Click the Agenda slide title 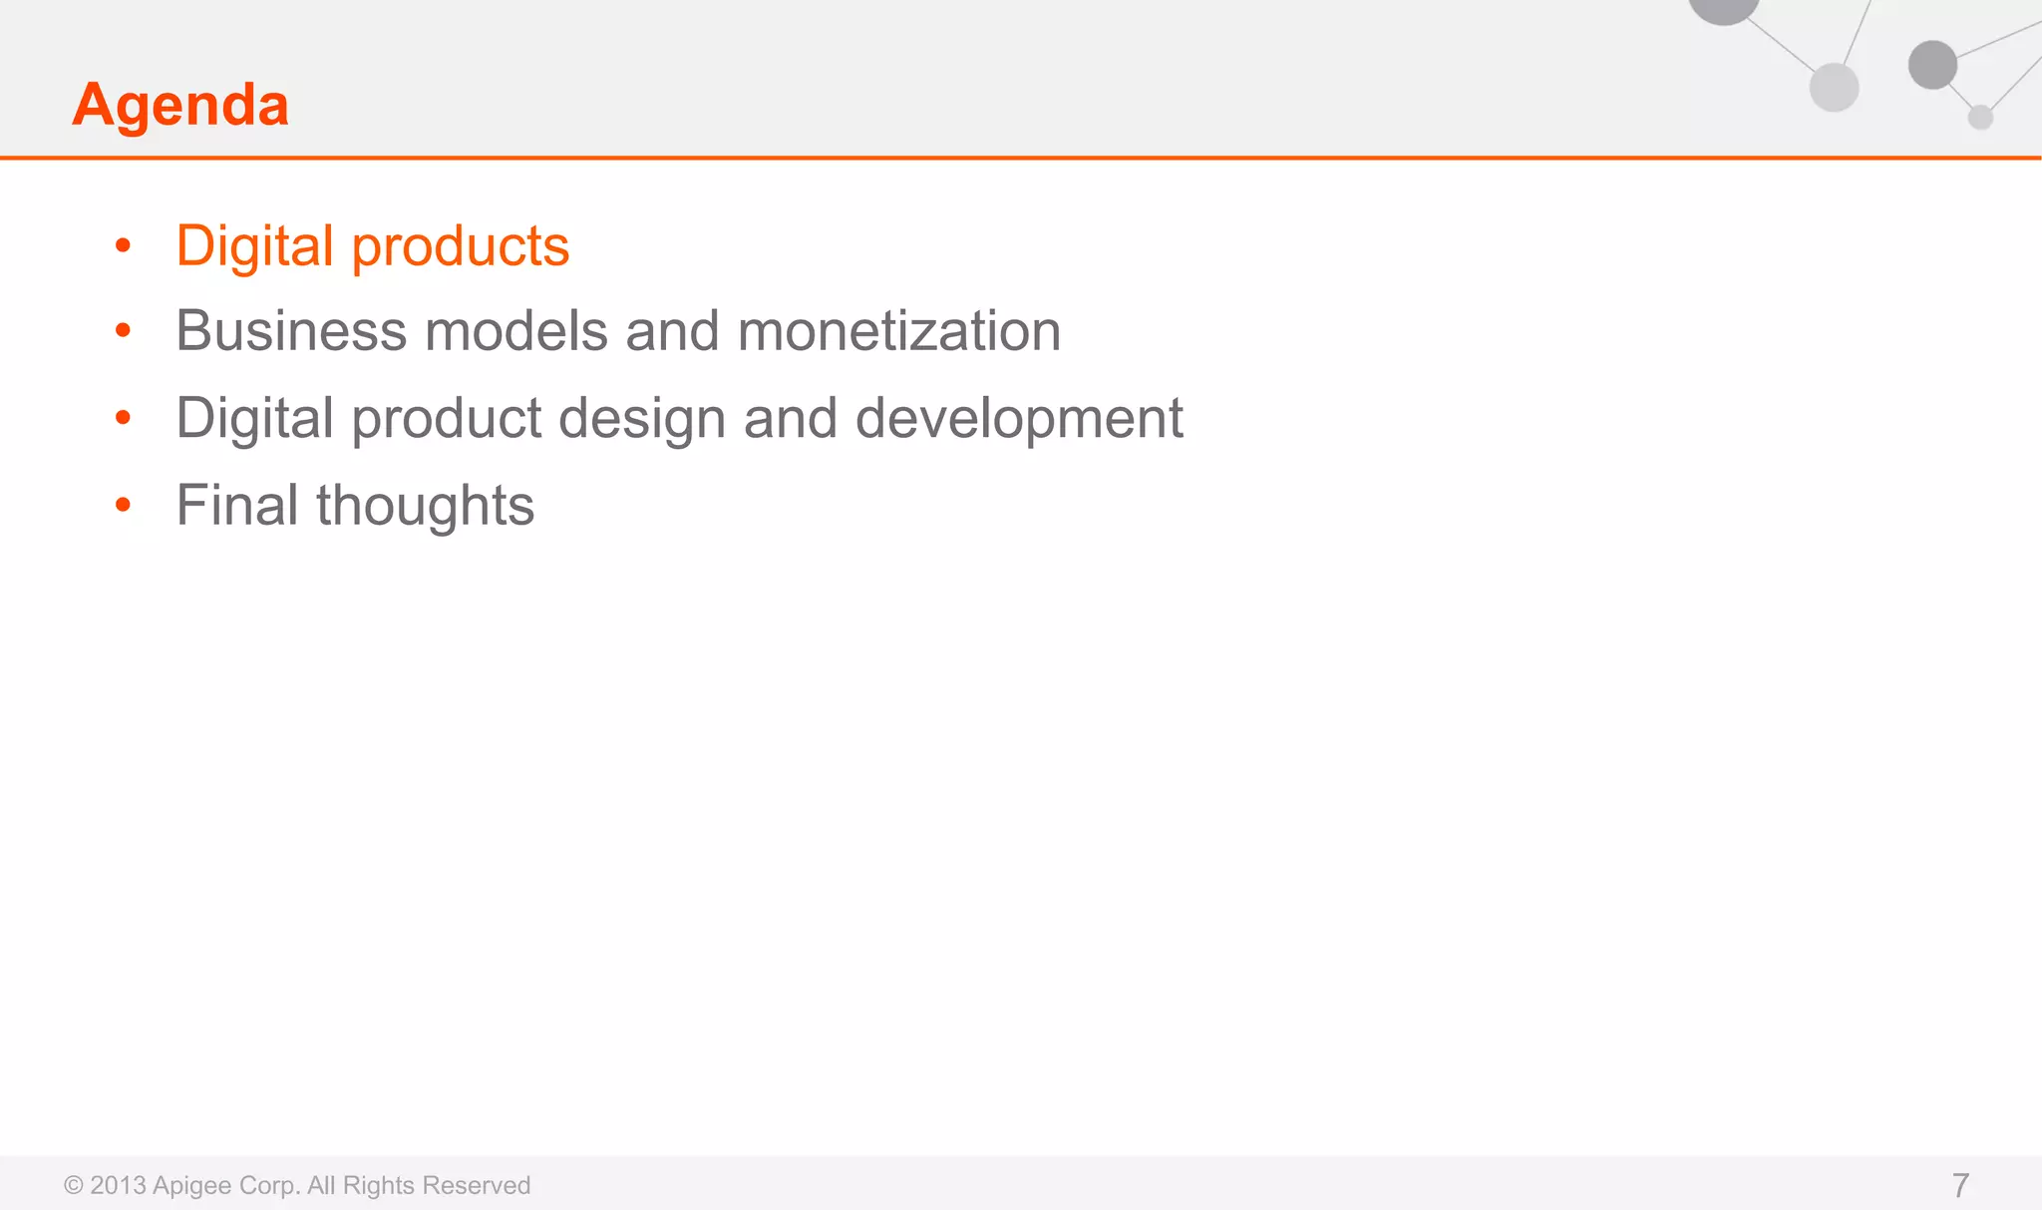pos(180,104)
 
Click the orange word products pos(460,246)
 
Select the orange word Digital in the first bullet pos(254,246)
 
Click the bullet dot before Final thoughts pos(123,505)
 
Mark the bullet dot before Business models pos(123,330)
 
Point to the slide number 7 pos(1959,1185)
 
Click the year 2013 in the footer pos(118,1185)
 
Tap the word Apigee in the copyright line pos(191,1186)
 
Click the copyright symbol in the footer pos(74,1185)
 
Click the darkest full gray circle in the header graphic pos(1932,65)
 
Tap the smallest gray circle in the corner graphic pos(1980,118)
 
